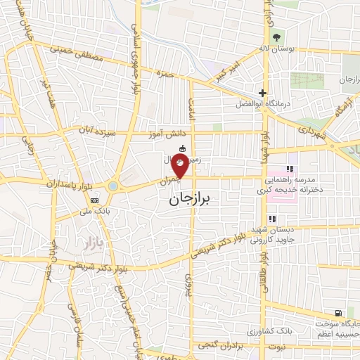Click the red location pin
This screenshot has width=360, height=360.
coord(180,168)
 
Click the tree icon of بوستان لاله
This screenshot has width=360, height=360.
coord(276,37)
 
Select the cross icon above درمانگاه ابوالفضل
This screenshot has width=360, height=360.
coord(262,93)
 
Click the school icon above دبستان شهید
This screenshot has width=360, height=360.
coord(271,219)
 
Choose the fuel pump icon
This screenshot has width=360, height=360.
coord(339,312)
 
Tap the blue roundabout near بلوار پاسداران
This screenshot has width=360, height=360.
coord(112,186)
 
